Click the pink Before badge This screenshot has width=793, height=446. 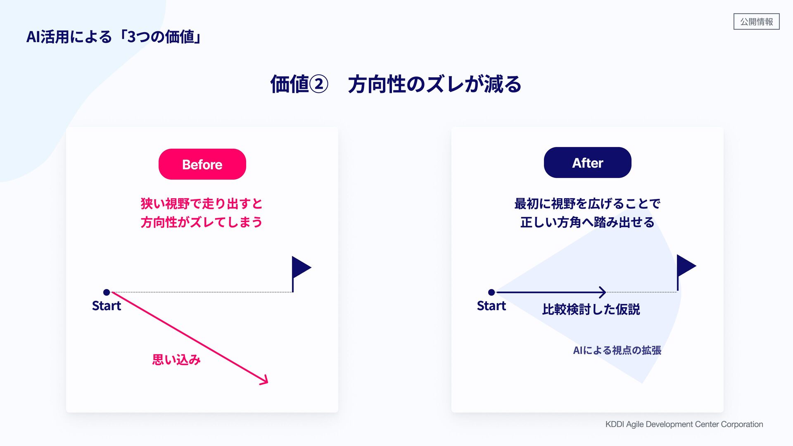pos(202,164)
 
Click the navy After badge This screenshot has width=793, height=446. pos(587,163)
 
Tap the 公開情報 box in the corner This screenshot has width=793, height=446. pos(756,21)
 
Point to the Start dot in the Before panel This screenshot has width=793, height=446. pos(107,292)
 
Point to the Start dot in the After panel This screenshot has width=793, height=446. pos(491,292)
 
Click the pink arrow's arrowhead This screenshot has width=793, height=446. pos(264,380)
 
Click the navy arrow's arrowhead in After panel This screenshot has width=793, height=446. pos(603,292)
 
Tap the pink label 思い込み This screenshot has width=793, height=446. pos(176,360)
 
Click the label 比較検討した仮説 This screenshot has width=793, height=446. pos(591,309)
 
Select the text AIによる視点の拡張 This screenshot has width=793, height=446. pos(617,351)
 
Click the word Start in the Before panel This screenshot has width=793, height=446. pos(107,306)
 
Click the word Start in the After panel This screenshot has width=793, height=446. pos(491,306)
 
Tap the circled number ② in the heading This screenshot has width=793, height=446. pos(318,84)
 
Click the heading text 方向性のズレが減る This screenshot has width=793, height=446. pos(434,84)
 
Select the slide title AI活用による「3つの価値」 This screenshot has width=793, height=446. pos(114,37)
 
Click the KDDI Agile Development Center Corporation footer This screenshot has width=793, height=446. pos(684,424)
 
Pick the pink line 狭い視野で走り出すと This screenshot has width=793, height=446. pos(202,204)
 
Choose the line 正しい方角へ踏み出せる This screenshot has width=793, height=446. pos(587,223)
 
